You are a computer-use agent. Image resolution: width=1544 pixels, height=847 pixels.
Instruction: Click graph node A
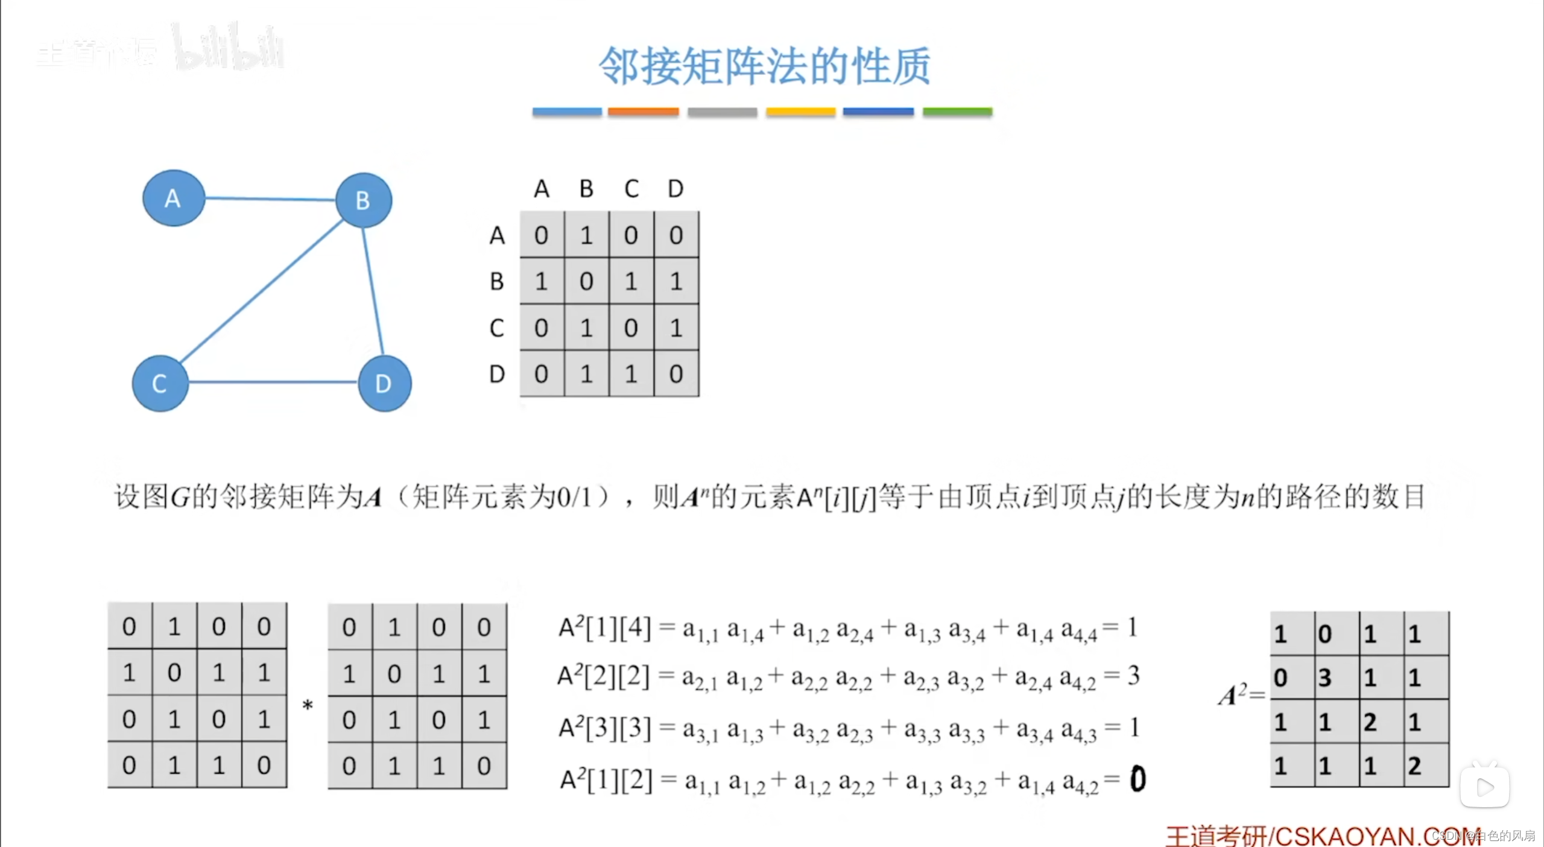click(174, 198)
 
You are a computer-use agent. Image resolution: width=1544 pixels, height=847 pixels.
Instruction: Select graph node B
click(363, 200)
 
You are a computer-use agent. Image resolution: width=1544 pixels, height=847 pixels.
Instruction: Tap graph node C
click(160, 384)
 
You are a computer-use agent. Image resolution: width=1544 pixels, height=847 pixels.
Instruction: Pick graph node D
click(384, 384)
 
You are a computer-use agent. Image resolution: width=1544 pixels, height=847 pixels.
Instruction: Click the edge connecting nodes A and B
click(270, 198)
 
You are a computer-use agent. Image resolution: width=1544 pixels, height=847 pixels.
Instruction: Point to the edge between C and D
click(273, 382)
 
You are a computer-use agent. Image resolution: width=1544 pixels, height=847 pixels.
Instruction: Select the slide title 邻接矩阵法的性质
click(764, 66)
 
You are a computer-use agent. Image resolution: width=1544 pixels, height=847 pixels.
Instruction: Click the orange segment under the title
click(643, 112)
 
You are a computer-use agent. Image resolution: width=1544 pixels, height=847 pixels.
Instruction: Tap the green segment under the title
click(957, 112)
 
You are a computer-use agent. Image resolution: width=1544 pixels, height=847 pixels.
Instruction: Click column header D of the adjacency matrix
click(675, 189)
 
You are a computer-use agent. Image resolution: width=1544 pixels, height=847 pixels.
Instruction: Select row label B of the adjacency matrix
click(497, 282)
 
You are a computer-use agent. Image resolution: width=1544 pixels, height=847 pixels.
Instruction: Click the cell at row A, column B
click(586, 235)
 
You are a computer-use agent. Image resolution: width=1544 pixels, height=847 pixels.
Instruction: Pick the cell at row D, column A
click(542, 374)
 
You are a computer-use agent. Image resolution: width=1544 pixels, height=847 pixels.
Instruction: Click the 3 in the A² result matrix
click(1324, 678)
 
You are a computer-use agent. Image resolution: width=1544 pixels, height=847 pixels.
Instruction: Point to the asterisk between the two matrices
click(308, 705)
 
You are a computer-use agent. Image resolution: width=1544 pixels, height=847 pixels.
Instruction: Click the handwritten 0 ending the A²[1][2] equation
click(1137, 779)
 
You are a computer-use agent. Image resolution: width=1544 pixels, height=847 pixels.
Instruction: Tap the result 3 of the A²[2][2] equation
click(1134, 676)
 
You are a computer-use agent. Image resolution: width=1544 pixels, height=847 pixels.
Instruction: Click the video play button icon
click(1485, 787)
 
